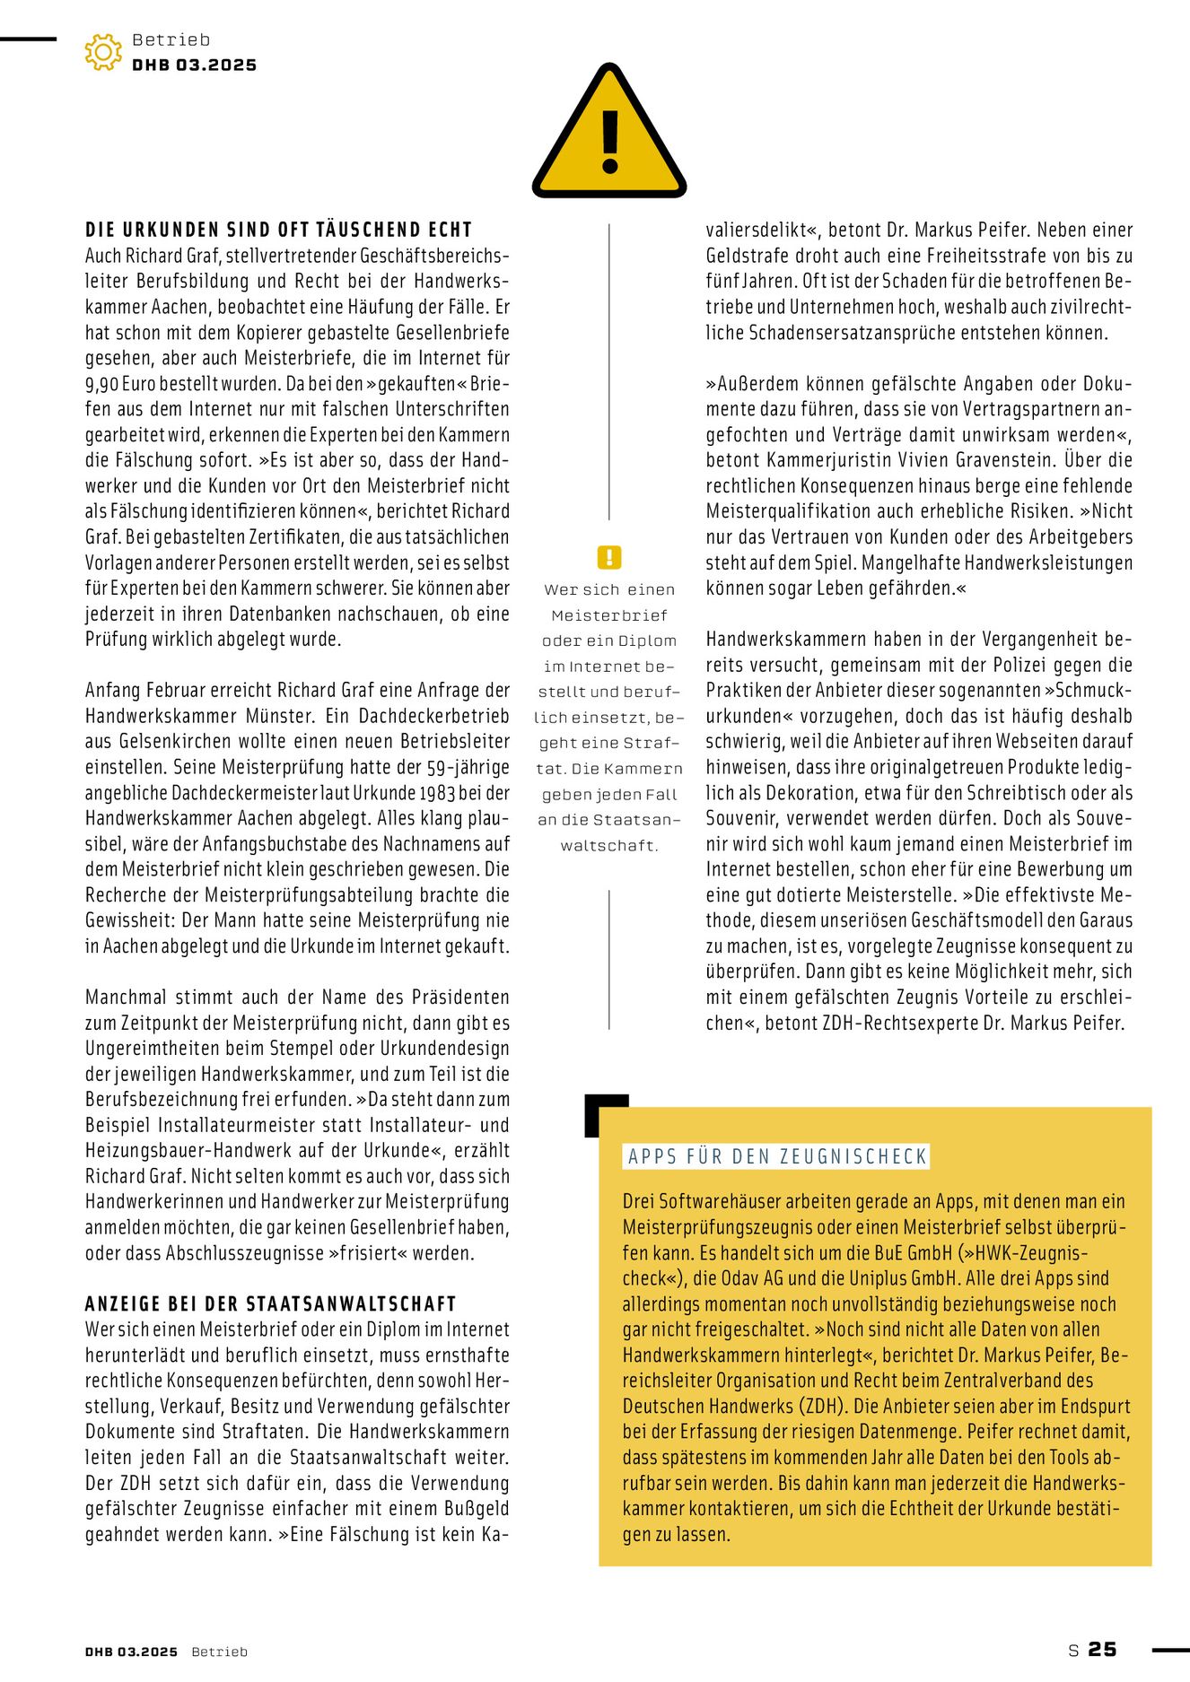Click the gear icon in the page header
(x=103, y=52)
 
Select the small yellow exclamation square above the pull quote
(x=609, y=557)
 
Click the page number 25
(x=1103, y=1649)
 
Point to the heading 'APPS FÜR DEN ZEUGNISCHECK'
(x=777, y=1156)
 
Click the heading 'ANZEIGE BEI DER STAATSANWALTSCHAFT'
(x=271, y=1303)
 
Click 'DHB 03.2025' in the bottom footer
(x=132, y=1651)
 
